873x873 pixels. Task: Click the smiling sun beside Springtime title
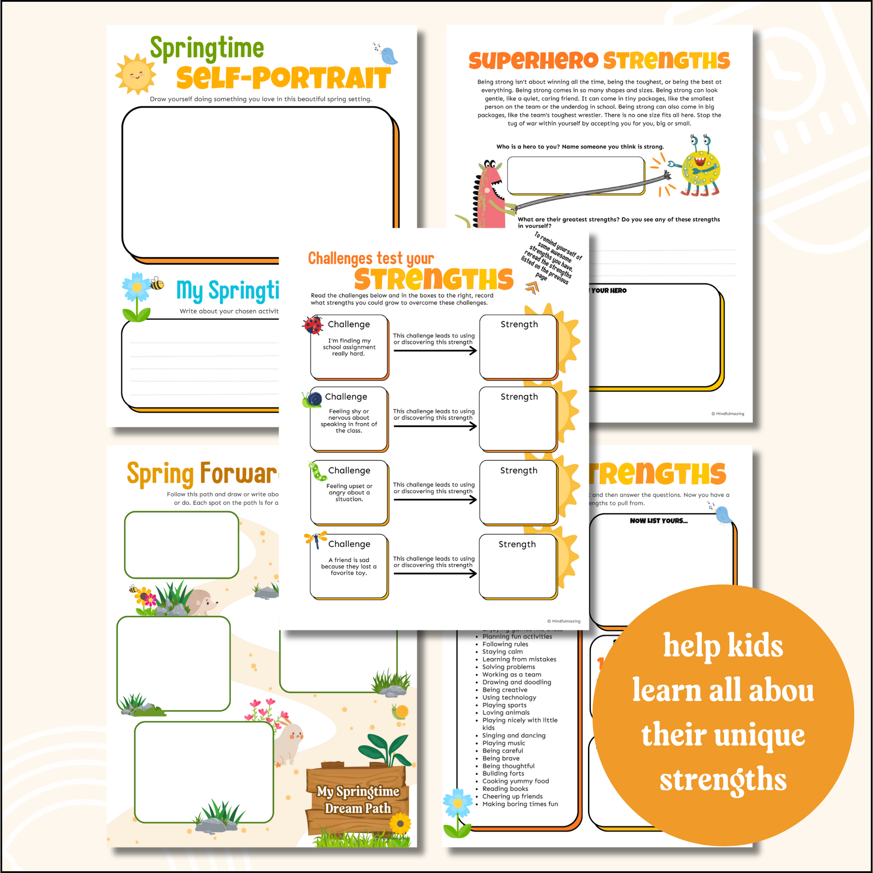pos(135,75)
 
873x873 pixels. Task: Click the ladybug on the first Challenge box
pos(313,325)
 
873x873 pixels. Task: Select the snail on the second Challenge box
pos(312,399)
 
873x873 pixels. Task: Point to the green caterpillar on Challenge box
pos(318,472)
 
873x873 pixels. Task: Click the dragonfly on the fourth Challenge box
pos(316,540)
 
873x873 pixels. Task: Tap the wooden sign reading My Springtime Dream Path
pos(357,800)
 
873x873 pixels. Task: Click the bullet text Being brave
pos(501,758)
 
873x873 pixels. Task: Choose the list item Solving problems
pos(509,667)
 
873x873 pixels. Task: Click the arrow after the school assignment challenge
pos(435,351)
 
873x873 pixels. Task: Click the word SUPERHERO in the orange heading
pos(533,61)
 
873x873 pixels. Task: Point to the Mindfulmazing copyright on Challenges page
pos(564,621)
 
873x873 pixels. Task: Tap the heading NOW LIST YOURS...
pos(658,521)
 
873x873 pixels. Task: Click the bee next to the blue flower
pos(157,284)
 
